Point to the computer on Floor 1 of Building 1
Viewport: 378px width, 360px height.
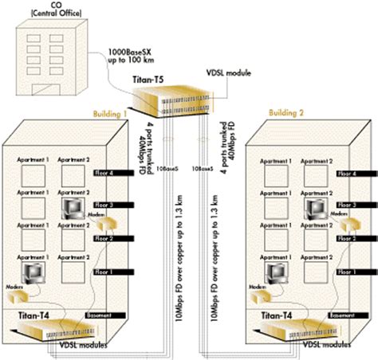coord(37,275)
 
